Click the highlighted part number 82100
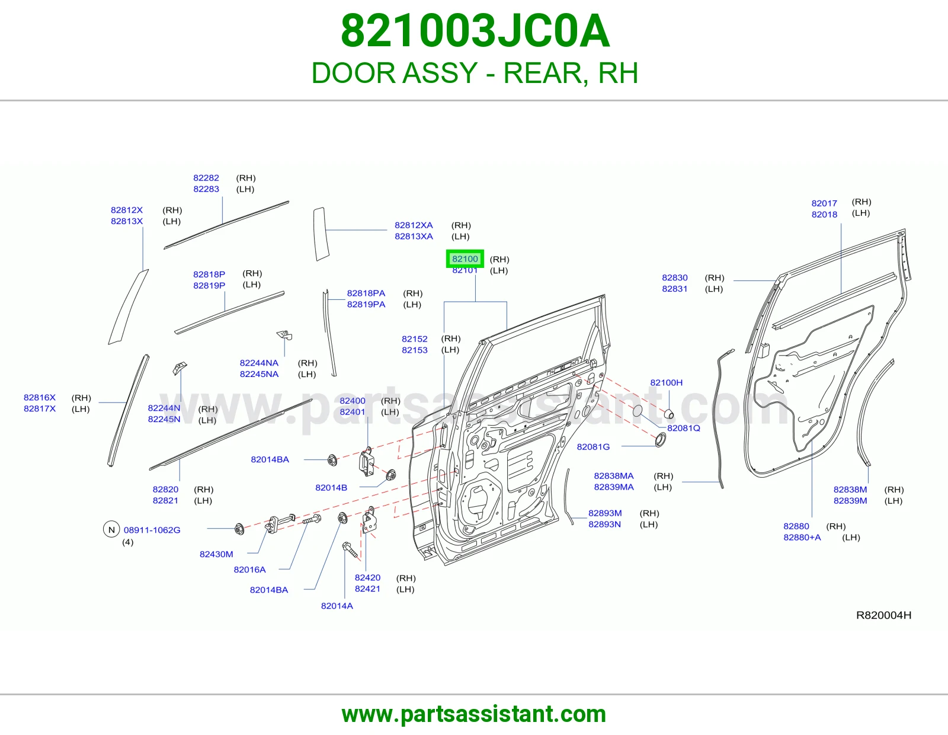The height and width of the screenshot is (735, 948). tap(465, 259)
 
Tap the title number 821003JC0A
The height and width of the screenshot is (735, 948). tap(475, 31)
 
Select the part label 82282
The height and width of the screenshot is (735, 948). tap(206, 178)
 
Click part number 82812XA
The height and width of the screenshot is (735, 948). tap(414, 225)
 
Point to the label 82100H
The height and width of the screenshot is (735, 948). tap(666, 382)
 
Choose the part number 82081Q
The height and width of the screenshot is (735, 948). tap(684, 428)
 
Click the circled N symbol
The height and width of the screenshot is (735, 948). tap(111, 529)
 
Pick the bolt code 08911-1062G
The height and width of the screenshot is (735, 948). tap(152, 530)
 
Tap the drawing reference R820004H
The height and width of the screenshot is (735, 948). tap(883, 615)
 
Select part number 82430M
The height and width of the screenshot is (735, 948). tap(216, 554)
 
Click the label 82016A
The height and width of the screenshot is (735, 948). tap(249, 570)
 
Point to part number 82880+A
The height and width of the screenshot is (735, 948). tap(802, 537)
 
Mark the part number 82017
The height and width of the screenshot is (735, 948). tap(824, 203)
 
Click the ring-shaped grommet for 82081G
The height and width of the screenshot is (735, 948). tap(661, 440)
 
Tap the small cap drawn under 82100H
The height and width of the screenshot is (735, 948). tap(669, 413)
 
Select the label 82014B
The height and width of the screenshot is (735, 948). tap(331, 487)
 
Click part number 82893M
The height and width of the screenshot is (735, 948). tap(605, 513)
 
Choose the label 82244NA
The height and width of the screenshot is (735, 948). tap(259, 363)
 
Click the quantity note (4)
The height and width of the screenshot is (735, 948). tap(127, 542)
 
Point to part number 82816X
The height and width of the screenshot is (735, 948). tap(40, 397)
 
